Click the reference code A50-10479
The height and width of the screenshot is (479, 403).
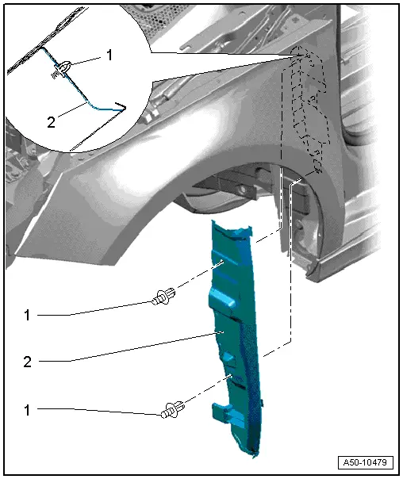point(364,462)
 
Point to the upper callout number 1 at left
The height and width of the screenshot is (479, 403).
point(26,315)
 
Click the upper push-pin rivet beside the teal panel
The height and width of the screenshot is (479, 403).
point(162,300)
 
